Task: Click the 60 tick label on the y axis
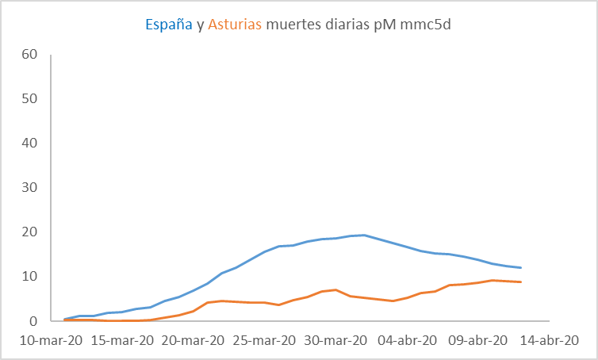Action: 30,55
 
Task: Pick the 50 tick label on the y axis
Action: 30,99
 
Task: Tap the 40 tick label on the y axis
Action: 30,144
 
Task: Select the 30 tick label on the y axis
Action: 30,188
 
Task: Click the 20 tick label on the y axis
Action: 30,232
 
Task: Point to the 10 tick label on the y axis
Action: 30,277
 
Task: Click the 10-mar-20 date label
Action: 50,340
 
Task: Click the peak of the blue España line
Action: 363,235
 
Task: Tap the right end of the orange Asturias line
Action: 520,282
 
